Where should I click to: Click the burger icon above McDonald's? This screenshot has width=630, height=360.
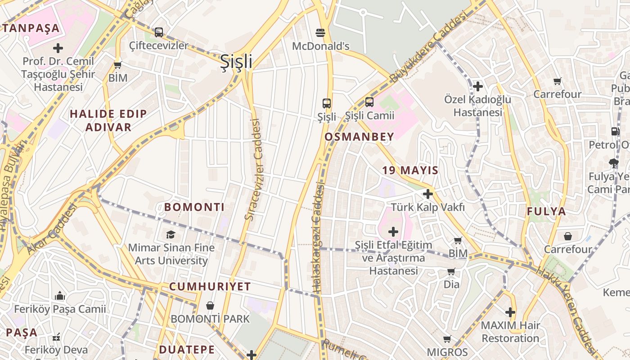(x=320, y=32)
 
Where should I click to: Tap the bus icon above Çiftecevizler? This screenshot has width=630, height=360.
(x=158, y=32)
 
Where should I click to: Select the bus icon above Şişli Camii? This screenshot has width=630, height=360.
(x=369, y=102)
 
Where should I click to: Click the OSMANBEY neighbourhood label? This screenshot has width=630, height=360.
(x=359, y=137)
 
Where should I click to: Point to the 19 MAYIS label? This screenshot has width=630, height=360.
(x=410, y=171)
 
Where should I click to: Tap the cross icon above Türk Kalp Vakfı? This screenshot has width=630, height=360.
(x=428, y=194)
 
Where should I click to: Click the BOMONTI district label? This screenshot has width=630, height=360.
(x=194, y=207)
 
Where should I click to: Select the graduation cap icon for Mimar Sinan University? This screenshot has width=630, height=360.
(x=171, y=234)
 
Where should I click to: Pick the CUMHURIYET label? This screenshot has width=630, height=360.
(x=210, y=287)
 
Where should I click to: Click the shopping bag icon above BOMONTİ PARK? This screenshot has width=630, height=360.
(x=210, y=306)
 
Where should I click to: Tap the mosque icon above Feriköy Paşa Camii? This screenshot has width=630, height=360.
(x=60, y=296)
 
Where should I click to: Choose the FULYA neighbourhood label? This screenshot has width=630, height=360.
(x=546, y=211)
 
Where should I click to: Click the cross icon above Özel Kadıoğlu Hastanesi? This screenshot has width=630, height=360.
(x=478, y=86)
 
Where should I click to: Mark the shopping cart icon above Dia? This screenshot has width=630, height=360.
(x=451, y=272)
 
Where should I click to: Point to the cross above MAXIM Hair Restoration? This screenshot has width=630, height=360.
(x=510, y=312)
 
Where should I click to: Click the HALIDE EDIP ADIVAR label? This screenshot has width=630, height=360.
(x=108, y=121)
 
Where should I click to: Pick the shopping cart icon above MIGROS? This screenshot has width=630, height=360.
(x=447, y=339)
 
